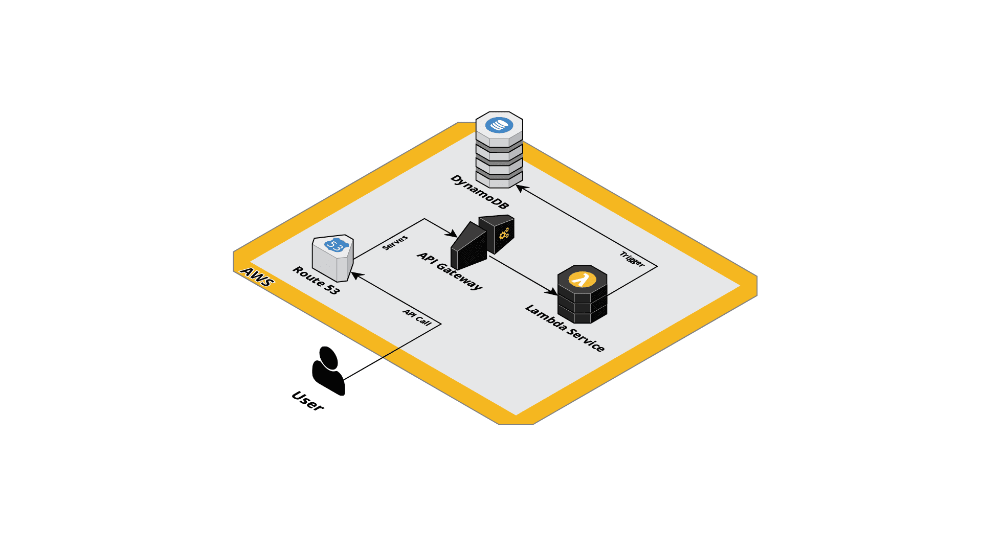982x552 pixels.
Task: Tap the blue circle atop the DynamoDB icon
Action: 499,125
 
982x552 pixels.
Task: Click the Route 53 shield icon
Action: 333,258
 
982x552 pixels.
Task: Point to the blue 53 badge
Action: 336,245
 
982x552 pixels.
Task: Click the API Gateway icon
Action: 482,242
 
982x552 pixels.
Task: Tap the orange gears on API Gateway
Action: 504,234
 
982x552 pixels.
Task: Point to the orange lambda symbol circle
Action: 582,280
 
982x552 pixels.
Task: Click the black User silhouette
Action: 328,371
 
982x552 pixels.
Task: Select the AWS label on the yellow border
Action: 257,277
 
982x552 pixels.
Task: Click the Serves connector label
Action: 395,242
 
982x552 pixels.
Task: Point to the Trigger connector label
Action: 632,259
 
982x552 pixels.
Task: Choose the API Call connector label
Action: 417,317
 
